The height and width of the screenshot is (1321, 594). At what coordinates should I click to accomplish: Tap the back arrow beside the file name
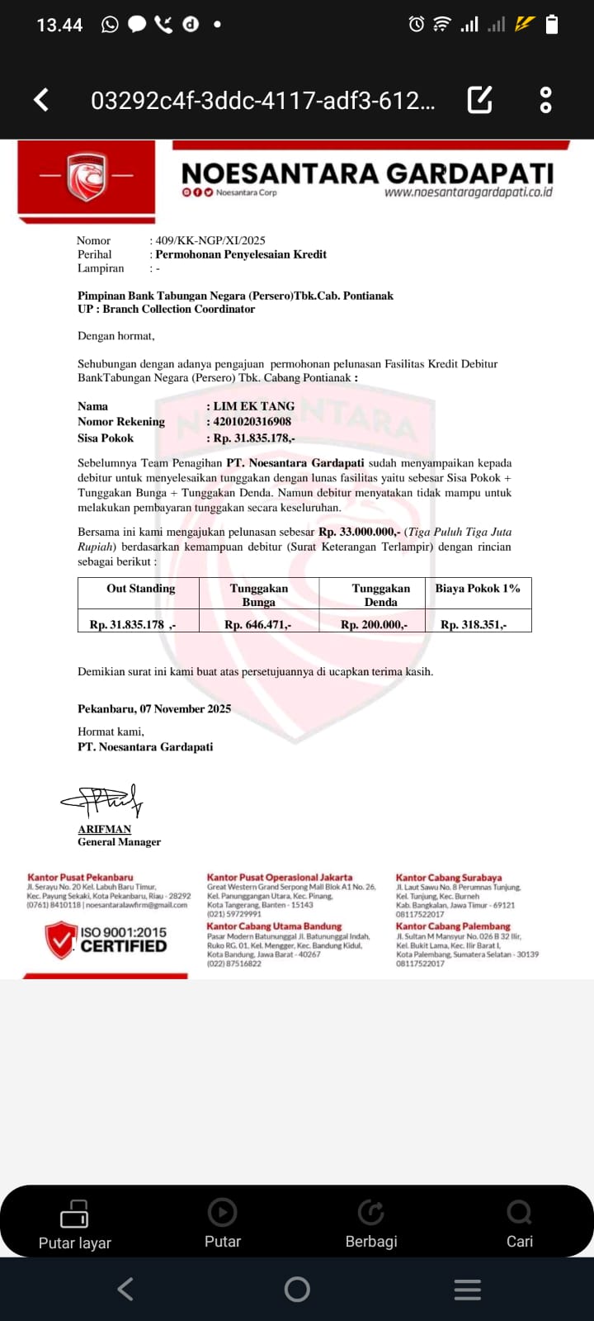[41, 100]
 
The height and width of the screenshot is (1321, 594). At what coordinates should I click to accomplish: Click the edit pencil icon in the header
[480, 100]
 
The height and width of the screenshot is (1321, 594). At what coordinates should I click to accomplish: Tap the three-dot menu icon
[545, 100]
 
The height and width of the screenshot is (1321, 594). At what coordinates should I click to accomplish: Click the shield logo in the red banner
[87, 176]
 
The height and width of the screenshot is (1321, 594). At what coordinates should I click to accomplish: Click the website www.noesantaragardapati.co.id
[468, 192]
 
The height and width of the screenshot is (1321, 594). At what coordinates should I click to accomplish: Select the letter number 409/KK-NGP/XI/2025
[210, 240]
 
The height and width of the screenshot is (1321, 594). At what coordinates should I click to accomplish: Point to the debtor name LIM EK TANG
[254, 406]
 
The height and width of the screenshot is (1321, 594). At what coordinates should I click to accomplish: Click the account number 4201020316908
[252, 421]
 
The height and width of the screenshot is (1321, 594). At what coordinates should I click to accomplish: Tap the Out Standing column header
[140, 589]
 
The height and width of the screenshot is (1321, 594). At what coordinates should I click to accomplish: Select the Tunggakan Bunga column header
[259, 594]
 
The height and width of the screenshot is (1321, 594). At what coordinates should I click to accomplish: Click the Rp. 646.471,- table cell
[257, 624]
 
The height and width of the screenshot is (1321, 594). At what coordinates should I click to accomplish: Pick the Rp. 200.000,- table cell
[374, 624]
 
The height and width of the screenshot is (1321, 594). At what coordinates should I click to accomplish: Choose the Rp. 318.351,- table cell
[474, 624]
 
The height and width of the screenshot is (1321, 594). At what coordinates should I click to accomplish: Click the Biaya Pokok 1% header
[478, 589]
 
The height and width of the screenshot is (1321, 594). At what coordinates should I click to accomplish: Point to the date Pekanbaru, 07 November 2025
[154, 708]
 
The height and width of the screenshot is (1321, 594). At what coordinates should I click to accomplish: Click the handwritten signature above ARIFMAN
[103, 799]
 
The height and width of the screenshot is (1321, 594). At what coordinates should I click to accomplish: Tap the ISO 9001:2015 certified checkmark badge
[61, 940]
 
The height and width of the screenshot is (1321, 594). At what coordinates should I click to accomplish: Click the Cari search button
[519, 1224]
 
